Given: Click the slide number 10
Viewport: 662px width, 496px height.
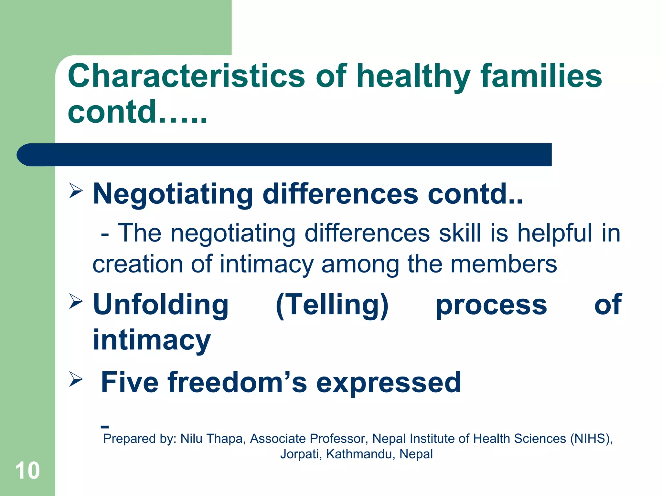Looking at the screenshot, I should point(27,470).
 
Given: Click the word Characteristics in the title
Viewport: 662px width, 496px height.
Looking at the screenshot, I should point(186,76).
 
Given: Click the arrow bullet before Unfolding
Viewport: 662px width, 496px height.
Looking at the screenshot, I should point(76,301).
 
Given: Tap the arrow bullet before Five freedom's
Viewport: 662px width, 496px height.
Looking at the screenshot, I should point(76,379).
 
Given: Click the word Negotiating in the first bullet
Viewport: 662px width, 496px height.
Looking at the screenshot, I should point(173,194).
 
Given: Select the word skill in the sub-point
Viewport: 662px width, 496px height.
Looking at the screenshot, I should point(460,233).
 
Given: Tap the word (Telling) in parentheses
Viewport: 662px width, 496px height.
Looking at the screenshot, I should point(332,305).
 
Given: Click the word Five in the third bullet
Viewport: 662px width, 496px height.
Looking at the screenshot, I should point(130,382).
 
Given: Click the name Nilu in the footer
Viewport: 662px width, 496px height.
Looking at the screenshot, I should point(191,439).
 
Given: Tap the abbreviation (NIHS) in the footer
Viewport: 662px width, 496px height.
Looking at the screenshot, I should point(591,439).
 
